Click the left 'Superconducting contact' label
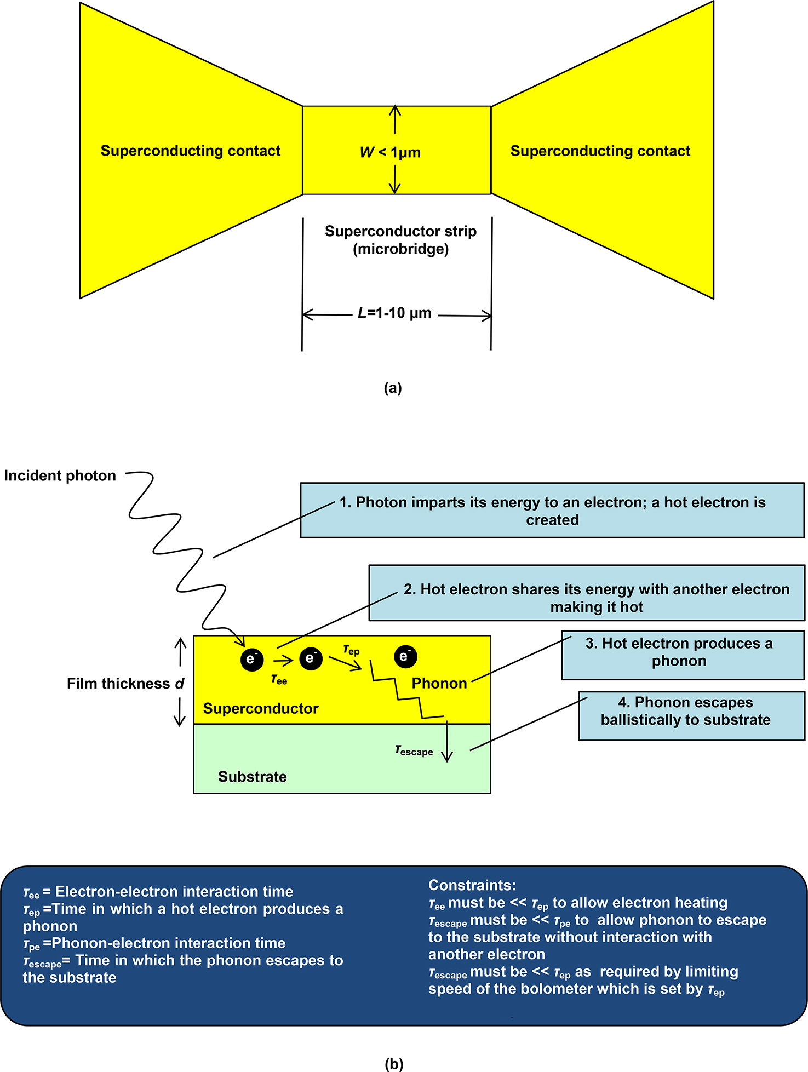(x=190, y=151)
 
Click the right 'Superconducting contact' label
(x=600, y=151)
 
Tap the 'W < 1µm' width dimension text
(x=390, y=152)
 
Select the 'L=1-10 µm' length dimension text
(x=394, y=313)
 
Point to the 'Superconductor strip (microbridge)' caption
(x=400, y=240)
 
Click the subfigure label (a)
(x=393, y=388)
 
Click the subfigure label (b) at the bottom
(x=394, y=1063)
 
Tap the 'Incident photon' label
(x=60, y=475)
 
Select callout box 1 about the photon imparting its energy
(x=552, y=510)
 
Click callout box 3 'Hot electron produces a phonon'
(x=683, y=655)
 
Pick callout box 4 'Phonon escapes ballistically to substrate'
(x=691, y=716)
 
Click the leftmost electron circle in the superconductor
(x=252, y=659)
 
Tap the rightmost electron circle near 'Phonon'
(x=405, y=656)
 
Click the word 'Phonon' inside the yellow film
(x=439, y=683)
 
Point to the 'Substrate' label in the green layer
(x=252, y=777)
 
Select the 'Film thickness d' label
(x=125, y=684)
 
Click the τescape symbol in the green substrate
(x=414, y=751)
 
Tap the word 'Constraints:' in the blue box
(x=472, y=885)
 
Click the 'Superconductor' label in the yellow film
(x=261, y=708)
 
